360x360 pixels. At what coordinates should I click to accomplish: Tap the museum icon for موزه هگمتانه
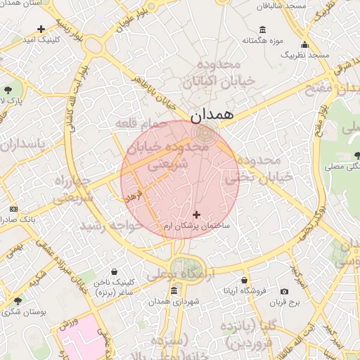(x=263, y=30)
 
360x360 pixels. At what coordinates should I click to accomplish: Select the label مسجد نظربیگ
(x=304, y=54)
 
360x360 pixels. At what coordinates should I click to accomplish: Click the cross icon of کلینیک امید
(x=41, y=30)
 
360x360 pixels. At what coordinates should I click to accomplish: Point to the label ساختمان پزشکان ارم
(x=197, y=227)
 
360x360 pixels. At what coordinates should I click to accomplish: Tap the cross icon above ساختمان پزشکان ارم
(x=196, y=214)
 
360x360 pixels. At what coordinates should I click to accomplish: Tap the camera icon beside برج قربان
(x=284, y=291)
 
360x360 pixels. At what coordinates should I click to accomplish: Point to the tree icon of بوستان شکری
(x=18, y=300)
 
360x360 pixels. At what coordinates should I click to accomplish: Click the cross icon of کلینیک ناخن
(x=114, y=271)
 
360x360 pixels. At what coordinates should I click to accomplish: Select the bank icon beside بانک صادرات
(x=13, y=210)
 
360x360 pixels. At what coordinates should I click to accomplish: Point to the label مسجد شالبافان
(x=283, y=5)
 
